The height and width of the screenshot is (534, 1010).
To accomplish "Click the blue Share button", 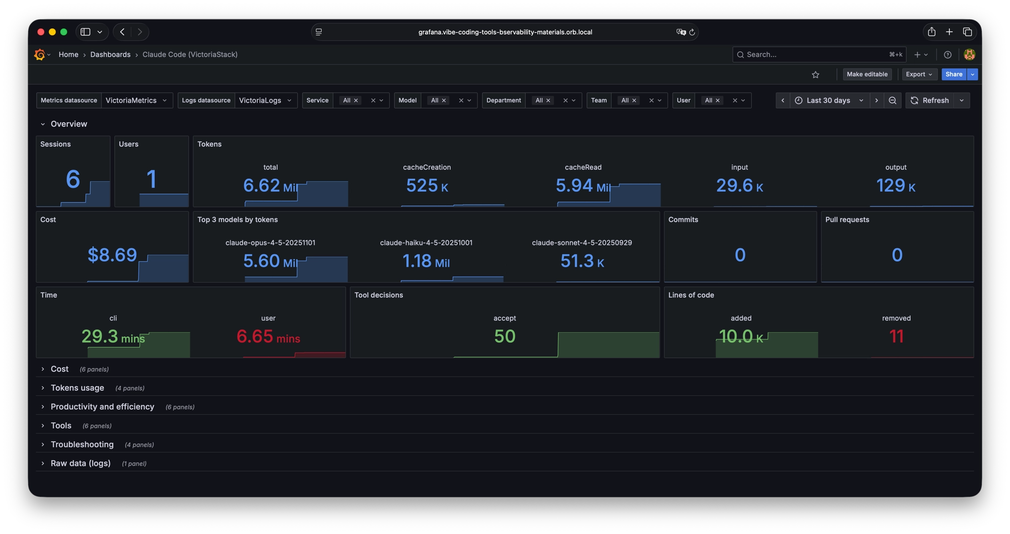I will coord(953,75).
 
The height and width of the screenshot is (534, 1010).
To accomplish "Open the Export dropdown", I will coord(919,75).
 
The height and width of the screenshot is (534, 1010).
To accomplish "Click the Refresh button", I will coord(929,100).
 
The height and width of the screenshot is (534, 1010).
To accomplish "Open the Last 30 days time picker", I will coord(829,100).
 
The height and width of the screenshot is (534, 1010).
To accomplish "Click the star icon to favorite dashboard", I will coord(816,75).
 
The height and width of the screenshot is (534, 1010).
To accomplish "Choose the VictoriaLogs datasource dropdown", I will coord(265,100).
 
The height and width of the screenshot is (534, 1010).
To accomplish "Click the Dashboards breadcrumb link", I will coord(110,55).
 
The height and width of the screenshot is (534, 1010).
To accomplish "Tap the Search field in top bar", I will coord(815,55).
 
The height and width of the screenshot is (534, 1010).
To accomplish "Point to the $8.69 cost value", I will coord(112,255).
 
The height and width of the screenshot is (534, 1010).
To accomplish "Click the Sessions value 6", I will coord(73,179).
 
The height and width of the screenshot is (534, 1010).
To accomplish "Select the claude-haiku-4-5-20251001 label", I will coord(426,243).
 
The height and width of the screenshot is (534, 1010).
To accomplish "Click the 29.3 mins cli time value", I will coord(113,337).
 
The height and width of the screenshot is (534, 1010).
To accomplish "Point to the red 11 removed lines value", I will coord(896,337).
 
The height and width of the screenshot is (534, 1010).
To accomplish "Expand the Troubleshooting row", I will coord(82,445).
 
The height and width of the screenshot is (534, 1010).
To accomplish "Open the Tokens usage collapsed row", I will coord(77,388).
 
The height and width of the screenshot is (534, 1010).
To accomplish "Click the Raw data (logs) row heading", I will coord(81,463).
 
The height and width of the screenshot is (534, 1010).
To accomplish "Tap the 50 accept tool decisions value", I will coord(505,337).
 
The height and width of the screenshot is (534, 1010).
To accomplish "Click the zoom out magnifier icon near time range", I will coord(892,100).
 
